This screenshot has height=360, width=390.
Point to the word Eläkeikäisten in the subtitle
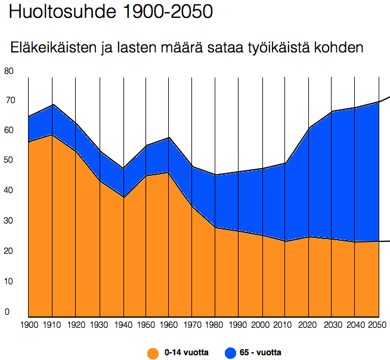click(54, 47)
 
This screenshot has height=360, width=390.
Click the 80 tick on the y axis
click(8, 71)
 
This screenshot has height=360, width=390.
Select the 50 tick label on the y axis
click(8, 160)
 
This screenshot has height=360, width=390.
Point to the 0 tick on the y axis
click(7, 311)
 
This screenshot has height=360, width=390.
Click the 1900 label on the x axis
click(29, 325)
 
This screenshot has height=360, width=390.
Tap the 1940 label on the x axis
click(123, 325)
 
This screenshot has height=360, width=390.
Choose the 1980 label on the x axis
click(216, 325)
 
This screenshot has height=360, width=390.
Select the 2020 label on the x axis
click(309, 325)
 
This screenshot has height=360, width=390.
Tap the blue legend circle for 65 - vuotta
click(229, 352)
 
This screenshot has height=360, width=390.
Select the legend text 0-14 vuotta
click(186, 352)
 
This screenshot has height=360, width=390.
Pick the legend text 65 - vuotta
click(261, 352)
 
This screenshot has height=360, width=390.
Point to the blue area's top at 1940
click(123, 169)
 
